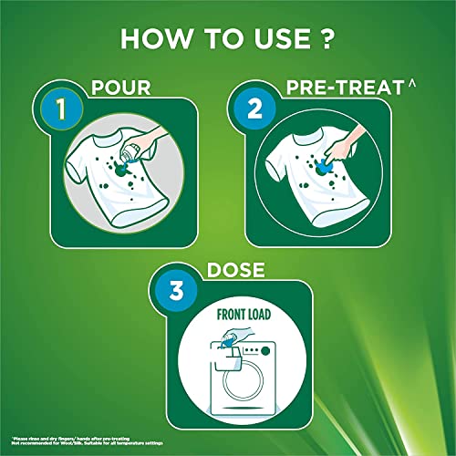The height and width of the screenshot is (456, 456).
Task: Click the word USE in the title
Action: (x=276, y=40)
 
